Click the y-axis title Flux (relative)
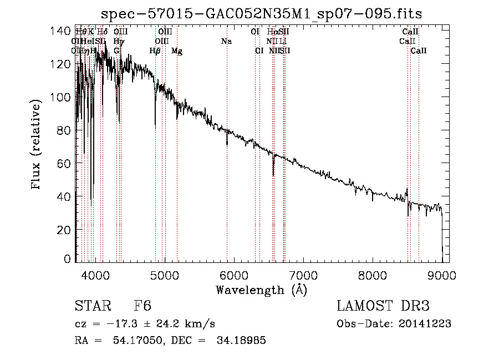(x=37, y=145)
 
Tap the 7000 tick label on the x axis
(x=303, y=276)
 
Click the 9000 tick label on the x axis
(x=442, y=276)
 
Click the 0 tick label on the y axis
(x=69, y=258)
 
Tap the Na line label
(x=226, y=42)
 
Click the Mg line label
(x=176, y=51)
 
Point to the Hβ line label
(x=155, y=51)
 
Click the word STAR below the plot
(x=91, y=306)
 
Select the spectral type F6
(x=142, y=306)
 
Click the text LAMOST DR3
(x=383, y=306)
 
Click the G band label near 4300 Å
(x=116, y=51)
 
